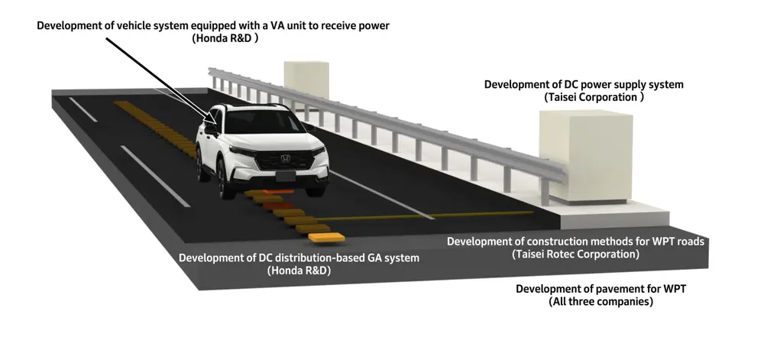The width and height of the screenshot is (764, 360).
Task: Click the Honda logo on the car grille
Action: click(x=284, y=159)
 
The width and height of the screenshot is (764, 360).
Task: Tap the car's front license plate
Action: click(x=285, y=177)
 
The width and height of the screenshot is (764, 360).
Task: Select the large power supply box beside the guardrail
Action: click(x=586, y=157)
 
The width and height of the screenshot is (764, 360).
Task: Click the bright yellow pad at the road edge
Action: click(x=326, y=238)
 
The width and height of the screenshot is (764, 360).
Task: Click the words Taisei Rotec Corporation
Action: click(x=575, y=254)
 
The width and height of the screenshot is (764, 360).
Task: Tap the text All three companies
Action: click(x=601, y=302)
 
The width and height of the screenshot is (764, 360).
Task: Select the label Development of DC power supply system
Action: click(x=584, y=84)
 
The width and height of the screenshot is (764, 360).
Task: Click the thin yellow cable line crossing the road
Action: click(x=424, y=216)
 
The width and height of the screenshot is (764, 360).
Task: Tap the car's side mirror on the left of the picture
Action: click(x=210, y=128)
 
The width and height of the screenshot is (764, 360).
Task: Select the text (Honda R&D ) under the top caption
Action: click(x=225, y=39)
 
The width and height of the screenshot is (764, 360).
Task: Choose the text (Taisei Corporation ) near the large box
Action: click(x=594, y=97)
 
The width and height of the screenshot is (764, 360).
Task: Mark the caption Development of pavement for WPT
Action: click(x=601, y=289)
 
